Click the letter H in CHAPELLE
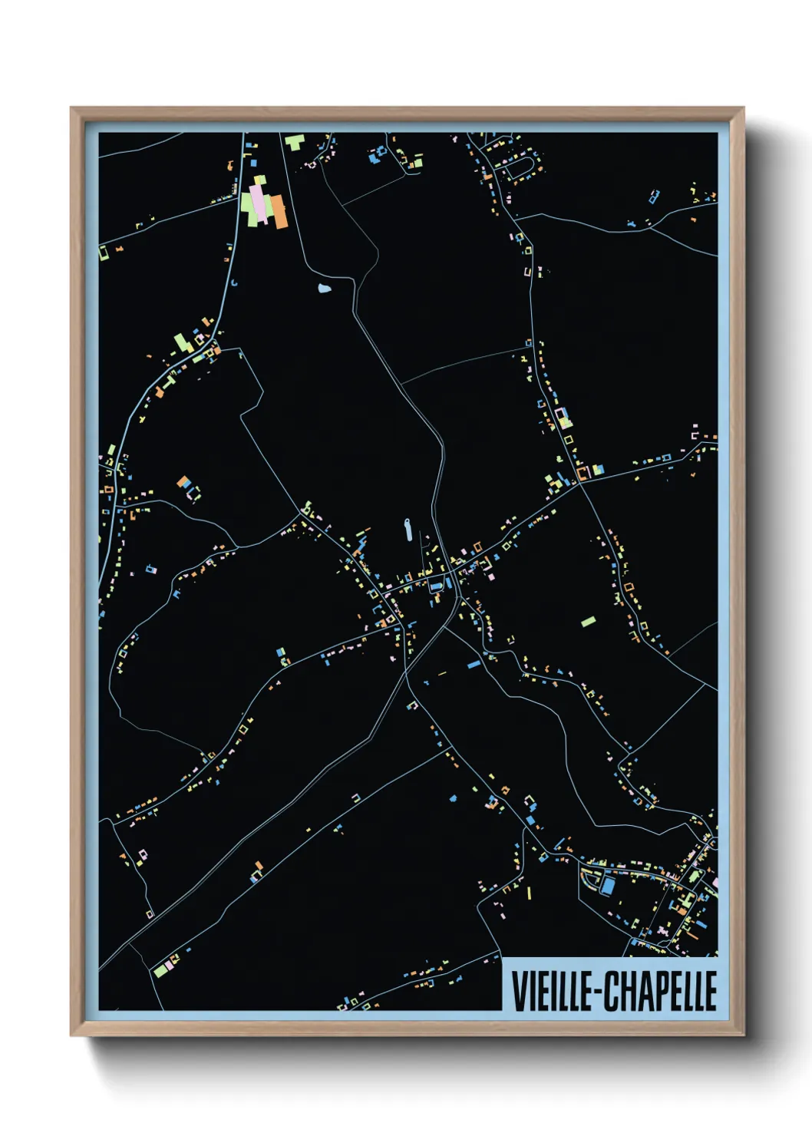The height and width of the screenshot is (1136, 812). (626, 991)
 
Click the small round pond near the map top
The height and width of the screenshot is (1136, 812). (324, 289)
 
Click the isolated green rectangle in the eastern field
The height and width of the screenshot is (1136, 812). (588, 621)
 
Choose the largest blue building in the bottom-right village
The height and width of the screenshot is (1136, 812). (608, 887)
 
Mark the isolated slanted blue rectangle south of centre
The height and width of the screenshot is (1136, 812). (474, 663)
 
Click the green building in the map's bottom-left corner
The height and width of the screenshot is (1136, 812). (160, 970)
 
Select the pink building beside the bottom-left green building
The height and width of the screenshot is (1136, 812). (170, 964)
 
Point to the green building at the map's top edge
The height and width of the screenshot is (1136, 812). (294, 142)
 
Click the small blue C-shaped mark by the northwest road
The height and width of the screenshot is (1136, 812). (235, 283)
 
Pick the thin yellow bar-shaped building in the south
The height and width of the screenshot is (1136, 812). (529, 892)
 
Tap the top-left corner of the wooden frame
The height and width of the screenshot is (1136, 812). (71, 108)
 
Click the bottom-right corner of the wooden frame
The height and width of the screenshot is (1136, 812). (743, 1035)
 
